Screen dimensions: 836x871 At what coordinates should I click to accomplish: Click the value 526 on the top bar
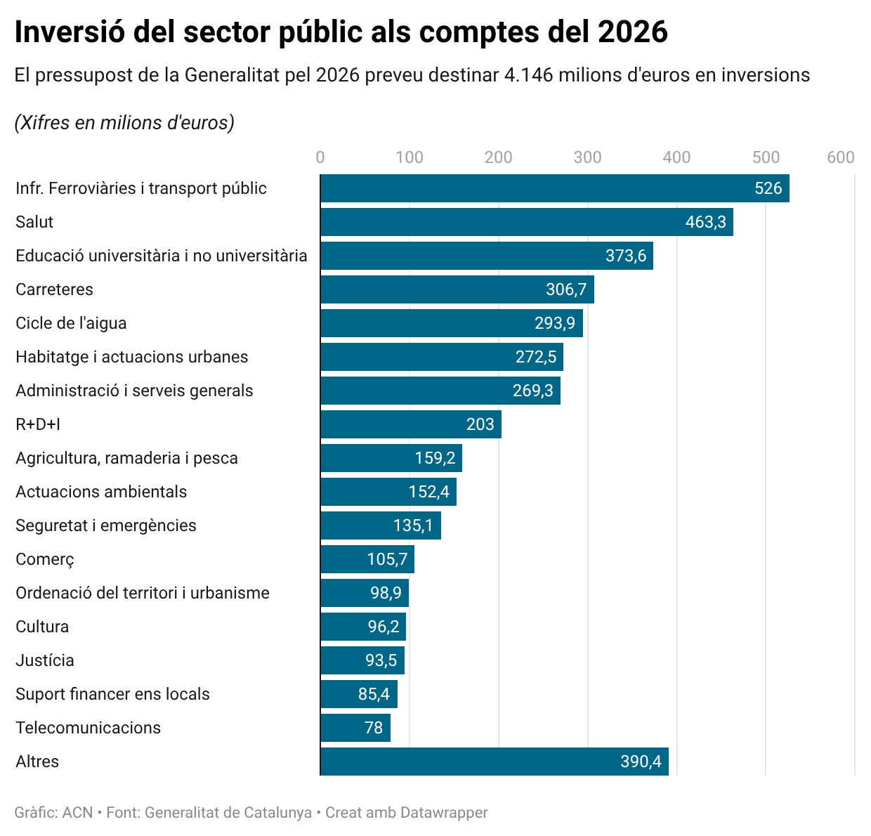768,188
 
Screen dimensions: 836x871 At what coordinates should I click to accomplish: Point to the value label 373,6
625,256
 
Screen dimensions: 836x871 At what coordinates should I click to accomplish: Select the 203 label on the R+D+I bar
480,424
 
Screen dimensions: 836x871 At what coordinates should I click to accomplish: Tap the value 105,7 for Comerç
387,559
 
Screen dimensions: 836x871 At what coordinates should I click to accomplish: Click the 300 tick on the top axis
587,157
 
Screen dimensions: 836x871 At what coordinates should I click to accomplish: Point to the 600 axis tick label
840,157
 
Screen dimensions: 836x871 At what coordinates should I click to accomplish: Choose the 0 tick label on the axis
320,157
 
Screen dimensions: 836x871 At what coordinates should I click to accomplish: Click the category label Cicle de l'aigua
71,323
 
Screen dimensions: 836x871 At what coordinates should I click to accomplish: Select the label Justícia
45,660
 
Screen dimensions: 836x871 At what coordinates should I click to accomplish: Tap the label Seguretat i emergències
106,525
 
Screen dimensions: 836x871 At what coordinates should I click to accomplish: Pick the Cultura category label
42,627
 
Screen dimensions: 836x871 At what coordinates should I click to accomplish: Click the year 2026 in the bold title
632,32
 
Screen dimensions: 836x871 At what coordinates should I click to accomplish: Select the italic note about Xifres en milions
124,123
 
